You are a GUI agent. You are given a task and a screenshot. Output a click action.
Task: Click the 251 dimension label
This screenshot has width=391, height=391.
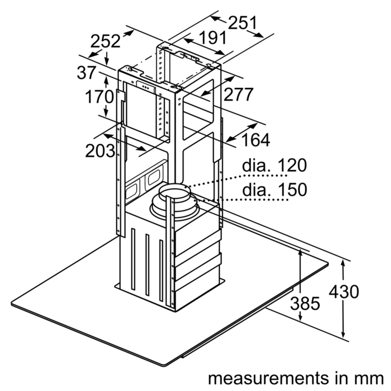pos(242,22)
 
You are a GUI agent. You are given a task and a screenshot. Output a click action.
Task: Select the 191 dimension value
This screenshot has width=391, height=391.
pos(213,38)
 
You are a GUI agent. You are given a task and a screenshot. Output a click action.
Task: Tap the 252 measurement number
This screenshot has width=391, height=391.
pos(105,41)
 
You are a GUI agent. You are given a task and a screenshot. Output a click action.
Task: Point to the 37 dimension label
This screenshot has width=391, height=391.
pos(86,72)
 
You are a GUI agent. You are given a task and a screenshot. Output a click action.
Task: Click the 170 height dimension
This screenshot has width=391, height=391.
pos(100,96)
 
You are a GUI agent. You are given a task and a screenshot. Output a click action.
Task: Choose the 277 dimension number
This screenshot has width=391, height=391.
pos(238,94)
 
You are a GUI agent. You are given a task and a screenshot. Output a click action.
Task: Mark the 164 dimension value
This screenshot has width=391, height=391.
pos(256,140)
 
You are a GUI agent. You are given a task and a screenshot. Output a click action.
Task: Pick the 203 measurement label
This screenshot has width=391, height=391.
pos(100,151)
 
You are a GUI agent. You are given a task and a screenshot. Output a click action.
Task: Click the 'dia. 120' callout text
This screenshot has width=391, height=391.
pos(274,165)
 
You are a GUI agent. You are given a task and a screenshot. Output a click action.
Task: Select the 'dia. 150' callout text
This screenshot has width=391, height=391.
pos(275,190)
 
